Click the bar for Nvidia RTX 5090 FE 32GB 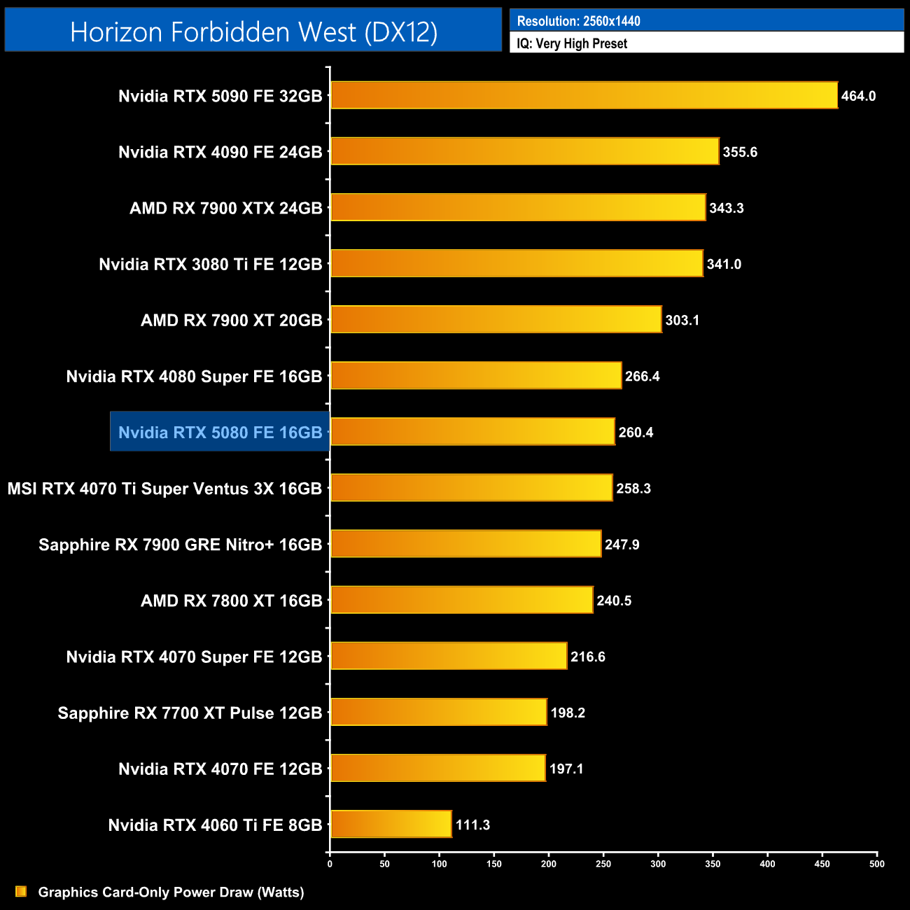pyautogui.click(x=584, y=95)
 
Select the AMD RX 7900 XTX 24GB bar pyautogui.click(x=518, y=207)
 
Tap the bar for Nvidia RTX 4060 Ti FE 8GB pyautogui.click(x=391, y=824)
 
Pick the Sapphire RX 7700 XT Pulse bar pyautogui.click(x=438, y=712)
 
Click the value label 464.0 pyautogui.click(x=858, y=96)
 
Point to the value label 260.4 pyautogui.click(x=636, y=432)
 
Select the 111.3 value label pyautogui.click(x=472, y=825)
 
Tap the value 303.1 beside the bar pyautogui.click(x=682, y=320)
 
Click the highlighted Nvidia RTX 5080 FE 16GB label pyautogui.click(x=220, y=432)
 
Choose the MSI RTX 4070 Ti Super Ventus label pyautogui.click(x=164, y=489)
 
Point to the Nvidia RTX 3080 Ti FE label pyautogui.click(x=210, y=264)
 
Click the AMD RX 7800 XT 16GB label pyautogui.click(x=231, y=601)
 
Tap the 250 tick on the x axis pyautogui.click(x=603, y=864)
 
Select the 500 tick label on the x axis pyautogui.click(x=876, y=864)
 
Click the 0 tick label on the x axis pyautogui.click(x=330, y=864)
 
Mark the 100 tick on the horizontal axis pyautogui.click(x=439, y=864)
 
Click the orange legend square pyautogui.click(x=21, y=891)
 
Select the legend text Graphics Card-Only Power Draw pyautogui.click(x=171, y=892)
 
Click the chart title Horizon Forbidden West pyautogui.click(x=253, y=31)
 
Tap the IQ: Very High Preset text pyautogui.click(x=571, y=43)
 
